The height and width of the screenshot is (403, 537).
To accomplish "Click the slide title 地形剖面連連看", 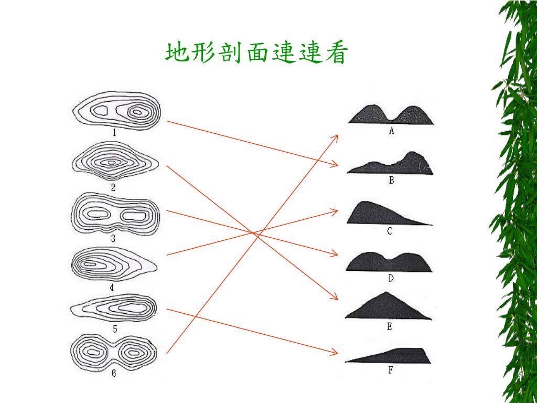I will point(256,54).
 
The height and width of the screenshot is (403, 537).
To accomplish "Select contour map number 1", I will point(116,111).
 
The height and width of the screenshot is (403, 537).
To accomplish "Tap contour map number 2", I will point(114,163).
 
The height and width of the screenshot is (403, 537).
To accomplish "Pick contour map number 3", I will point(115,214).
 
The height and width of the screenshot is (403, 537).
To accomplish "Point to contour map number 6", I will point(113,352).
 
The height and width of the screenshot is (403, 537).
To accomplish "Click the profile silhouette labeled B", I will point(391,164).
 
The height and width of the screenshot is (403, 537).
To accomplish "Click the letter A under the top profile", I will point(391,131).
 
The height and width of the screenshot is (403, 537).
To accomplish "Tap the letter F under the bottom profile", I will point(390,371).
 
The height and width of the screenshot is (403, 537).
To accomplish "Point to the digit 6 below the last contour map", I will point(114,374).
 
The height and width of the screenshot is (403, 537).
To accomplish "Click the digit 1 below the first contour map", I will point(114,133).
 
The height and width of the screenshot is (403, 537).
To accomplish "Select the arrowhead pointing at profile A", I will point(336,136).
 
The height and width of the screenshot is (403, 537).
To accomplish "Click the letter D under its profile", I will point(390,279).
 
